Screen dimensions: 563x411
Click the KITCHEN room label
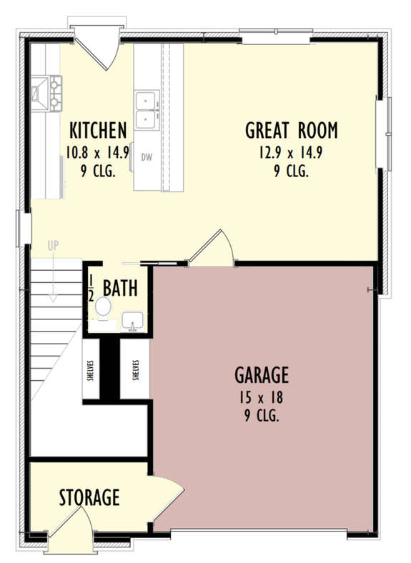(x=98, y=130)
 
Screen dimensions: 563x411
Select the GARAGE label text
(x=262, y=374)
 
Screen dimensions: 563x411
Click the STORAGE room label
(x=89, y=497)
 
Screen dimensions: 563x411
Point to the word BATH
(x=120, y=289)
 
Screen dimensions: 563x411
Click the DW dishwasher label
(x=146, y=157)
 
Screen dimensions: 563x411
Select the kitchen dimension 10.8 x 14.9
(x=98, y=152)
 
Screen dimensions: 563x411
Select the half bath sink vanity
(x=133, y=322)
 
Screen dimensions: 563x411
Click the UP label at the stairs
(x=53, y=246)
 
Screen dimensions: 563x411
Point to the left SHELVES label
(x=92, y=372)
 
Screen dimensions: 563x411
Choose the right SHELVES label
(x=135, y=372)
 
